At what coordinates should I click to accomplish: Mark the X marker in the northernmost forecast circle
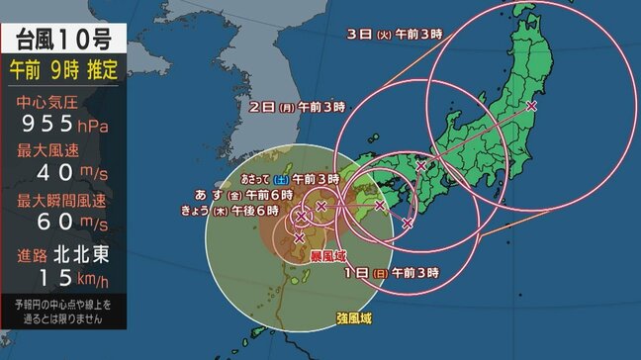(x=531, y=105)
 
